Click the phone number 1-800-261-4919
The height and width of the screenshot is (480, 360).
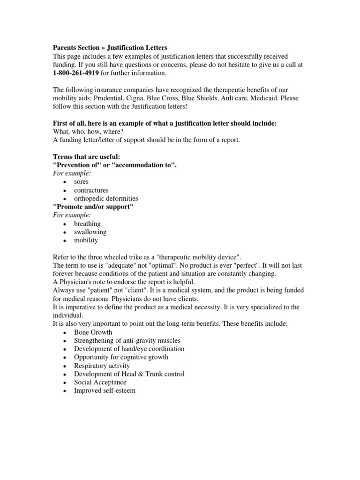point(75,73)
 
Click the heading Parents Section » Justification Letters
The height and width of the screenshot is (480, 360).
point(109,48)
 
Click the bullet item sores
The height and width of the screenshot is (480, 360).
point(81,182)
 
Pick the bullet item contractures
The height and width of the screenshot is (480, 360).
point(91,190)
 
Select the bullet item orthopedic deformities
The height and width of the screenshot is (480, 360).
point(106,199)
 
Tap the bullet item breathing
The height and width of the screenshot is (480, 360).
point(87,224)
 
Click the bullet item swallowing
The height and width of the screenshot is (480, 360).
point(90,232)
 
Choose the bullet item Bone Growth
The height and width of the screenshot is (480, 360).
point(93,332)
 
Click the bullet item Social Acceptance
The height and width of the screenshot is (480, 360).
point(100,382)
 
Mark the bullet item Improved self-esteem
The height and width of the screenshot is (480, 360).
point(105,390)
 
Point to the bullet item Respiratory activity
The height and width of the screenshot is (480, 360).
point(102,366)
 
